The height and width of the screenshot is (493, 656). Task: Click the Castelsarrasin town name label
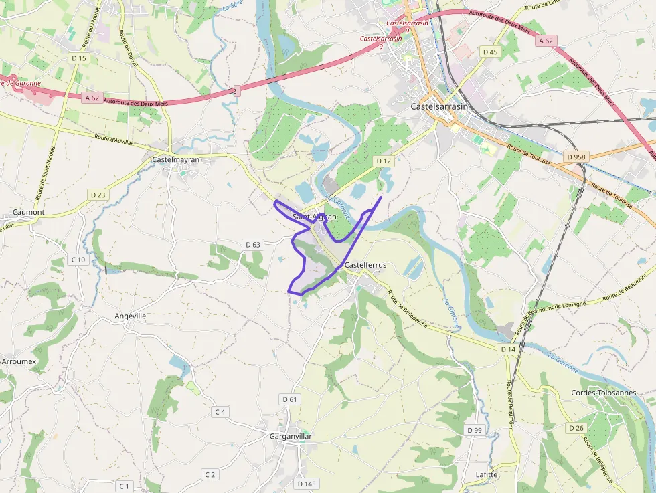(438, 106)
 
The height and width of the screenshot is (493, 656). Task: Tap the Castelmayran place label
(176, 159)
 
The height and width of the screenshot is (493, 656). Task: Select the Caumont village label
(29, 212)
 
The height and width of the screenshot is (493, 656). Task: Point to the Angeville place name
(131, 316)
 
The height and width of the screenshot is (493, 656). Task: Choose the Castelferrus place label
(365, 265)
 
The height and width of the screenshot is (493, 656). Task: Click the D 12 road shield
(383, 161)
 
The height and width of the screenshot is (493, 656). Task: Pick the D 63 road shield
(252, 244)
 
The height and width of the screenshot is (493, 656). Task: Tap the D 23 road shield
(97, 195)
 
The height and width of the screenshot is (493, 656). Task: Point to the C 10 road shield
(78, 260)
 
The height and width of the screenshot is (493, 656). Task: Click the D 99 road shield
(474, 429)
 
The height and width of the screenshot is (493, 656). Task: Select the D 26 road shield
(576, 428)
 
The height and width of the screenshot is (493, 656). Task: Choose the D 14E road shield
(306, 483)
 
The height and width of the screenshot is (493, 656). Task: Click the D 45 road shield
(490, 52)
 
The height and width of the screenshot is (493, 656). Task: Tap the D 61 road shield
(289, 399)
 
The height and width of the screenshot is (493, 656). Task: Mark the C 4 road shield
(219, 412)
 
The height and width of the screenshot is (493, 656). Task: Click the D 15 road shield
(79, 58)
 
